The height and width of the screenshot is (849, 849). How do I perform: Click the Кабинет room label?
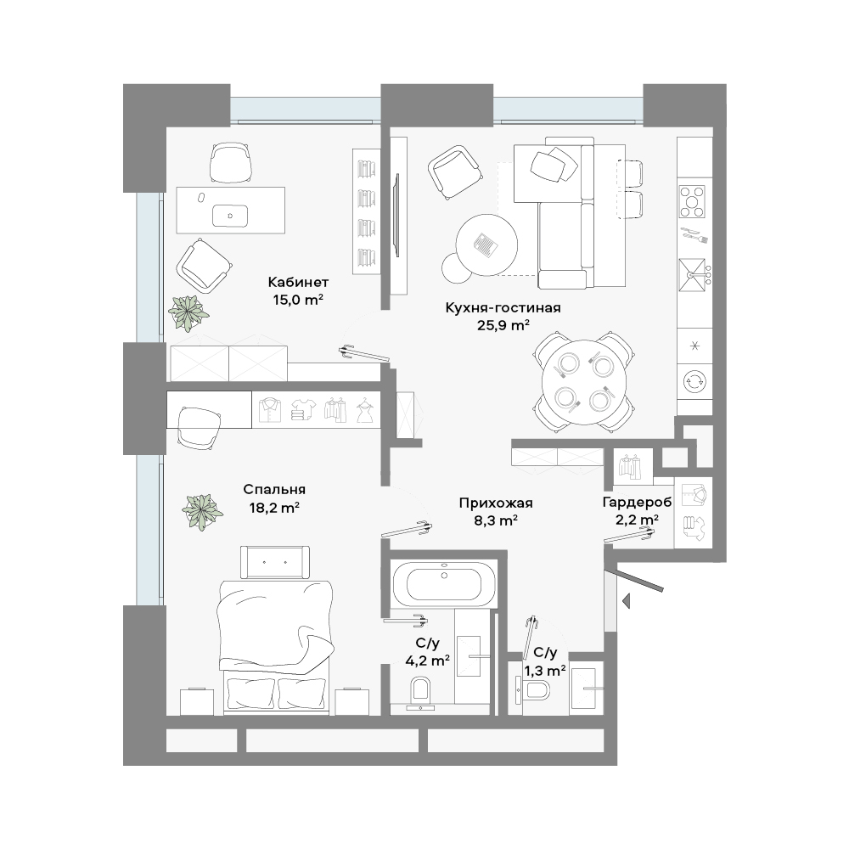click(298, 282)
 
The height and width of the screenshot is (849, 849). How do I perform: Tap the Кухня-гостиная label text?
click(503, 307)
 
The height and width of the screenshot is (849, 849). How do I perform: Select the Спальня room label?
click(274, 490)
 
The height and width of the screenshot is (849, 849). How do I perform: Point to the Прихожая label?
click(496, 503)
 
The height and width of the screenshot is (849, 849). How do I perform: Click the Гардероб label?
click(637, 503)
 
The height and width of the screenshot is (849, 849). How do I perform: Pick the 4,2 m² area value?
click(428, 660)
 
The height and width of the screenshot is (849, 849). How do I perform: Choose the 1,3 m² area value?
click(545, 671)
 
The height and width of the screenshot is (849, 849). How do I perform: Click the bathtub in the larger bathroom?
click(443, 583)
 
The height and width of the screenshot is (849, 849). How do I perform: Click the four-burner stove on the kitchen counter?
click(692, 201)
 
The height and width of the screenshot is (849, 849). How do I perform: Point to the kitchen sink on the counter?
click(694, 274)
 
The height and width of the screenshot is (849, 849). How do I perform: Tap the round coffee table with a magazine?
click(486, 245)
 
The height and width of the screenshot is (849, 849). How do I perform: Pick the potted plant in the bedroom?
click(203, 512)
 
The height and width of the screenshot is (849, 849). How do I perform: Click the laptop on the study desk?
click(230, 216)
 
